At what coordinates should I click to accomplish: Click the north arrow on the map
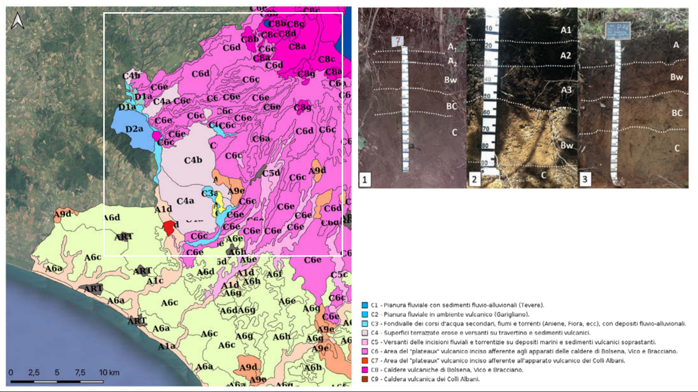pos(18,21)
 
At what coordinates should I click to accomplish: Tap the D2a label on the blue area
pos(134,129)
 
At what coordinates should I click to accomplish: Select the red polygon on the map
pos(169,227)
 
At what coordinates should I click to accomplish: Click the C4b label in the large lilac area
pos(193,160)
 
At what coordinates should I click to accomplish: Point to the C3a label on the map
pos(209,194)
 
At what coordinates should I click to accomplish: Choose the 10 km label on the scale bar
pos(109,373)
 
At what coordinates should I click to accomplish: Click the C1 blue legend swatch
pos(365,305)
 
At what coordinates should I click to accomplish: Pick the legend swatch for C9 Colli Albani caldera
pos(365,379)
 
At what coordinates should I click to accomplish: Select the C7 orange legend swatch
pos(365,361)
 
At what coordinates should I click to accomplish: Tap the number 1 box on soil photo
pos(365,179)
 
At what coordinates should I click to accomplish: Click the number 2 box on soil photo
pos(474,179)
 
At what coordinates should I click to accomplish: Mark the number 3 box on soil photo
pos(584,179)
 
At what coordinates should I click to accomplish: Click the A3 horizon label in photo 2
pos(567,90)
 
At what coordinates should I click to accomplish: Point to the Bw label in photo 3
pos(676,77)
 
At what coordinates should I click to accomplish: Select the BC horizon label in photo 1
pos(452,106)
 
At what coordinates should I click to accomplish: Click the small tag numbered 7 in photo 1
pos(398,41)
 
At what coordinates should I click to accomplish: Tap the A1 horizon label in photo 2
pos(566,30)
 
